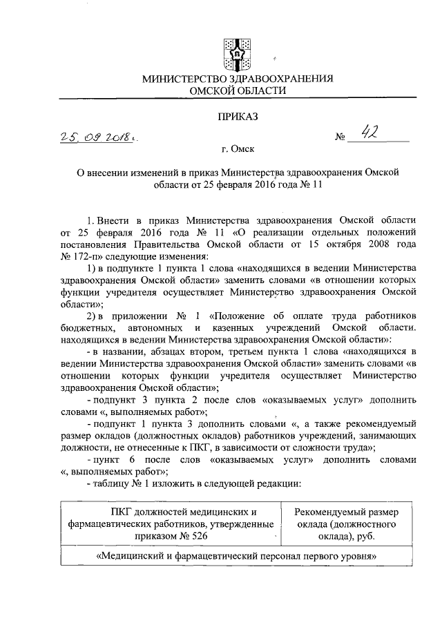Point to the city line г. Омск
(x=238, y=149)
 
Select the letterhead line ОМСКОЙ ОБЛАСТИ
(x=238, y=91)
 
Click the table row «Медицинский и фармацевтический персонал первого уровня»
(x=237, y=556)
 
